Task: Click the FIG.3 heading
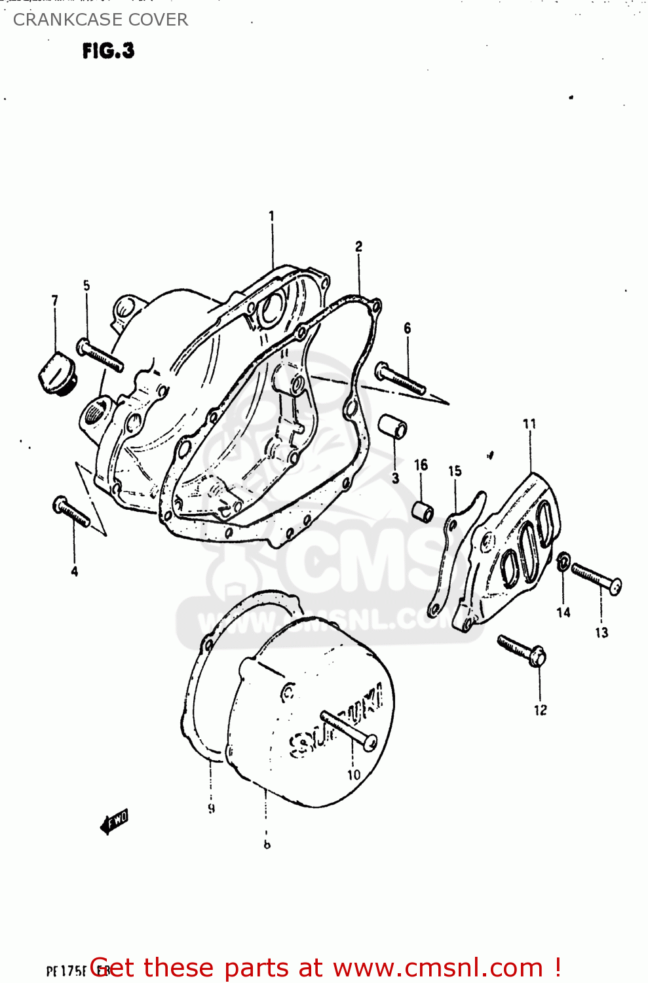click(x=108, y=50)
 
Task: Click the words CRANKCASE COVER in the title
click(x=100, y=20)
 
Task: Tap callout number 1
click(x=271, y=216)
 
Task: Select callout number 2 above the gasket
click(x=358, y=246)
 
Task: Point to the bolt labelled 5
click(x=100, y=355)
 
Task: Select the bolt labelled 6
click(x=400, y=379)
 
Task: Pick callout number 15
click(x=455, y=471)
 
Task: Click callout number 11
click(x=529, y=424)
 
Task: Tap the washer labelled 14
click(x=563, y=562)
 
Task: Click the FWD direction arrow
click(x=114, y=821)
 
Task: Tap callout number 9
click(x=211, y=809)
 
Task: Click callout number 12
click(x=540, y=710)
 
